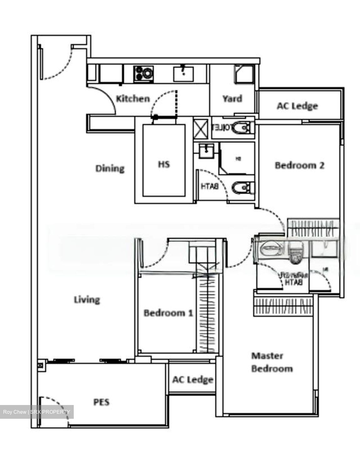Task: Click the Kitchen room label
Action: point(133,99)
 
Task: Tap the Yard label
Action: point(232,99)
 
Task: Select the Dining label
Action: point(110,168)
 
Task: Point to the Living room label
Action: point(87,300)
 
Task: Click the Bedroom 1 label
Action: point(168,313)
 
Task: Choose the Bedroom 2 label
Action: point(299,165)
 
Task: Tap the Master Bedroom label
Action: point(272,362)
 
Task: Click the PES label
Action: point(102,402)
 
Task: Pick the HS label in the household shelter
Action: point(164,164)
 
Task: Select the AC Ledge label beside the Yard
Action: point(297,106)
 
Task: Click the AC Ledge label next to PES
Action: point(192,380)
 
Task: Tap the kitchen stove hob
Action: point(144,74)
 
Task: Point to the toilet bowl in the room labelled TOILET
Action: point(242,128)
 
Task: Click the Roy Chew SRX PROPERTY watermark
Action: point(37,412)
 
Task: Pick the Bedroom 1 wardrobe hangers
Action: point(206,312)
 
